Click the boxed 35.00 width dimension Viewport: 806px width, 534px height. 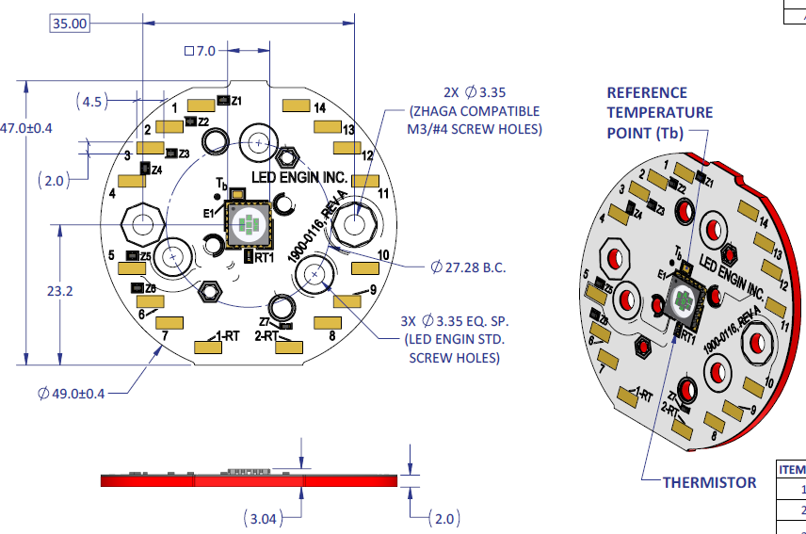click(x=70, y=24)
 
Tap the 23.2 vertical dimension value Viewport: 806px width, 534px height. click(x=59, y=292)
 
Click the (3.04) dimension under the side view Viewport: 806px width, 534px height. click(x=266, y=518)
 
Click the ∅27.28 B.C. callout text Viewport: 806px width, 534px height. click(x=467, y=267)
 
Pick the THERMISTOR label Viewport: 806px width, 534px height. click(x=709, y=482)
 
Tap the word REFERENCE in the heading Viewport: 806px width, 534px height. click(x=647, y=92)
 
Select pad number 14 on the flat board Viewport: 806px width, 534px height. click(x=320, y=108)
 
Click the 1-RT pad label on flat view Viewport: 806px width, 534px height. click(x=226, y=335)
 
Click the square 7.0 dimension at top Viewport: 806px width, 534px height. click(x=200, y=50)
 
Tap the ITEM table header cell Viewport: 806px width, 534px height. click(x=790, y=469)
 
